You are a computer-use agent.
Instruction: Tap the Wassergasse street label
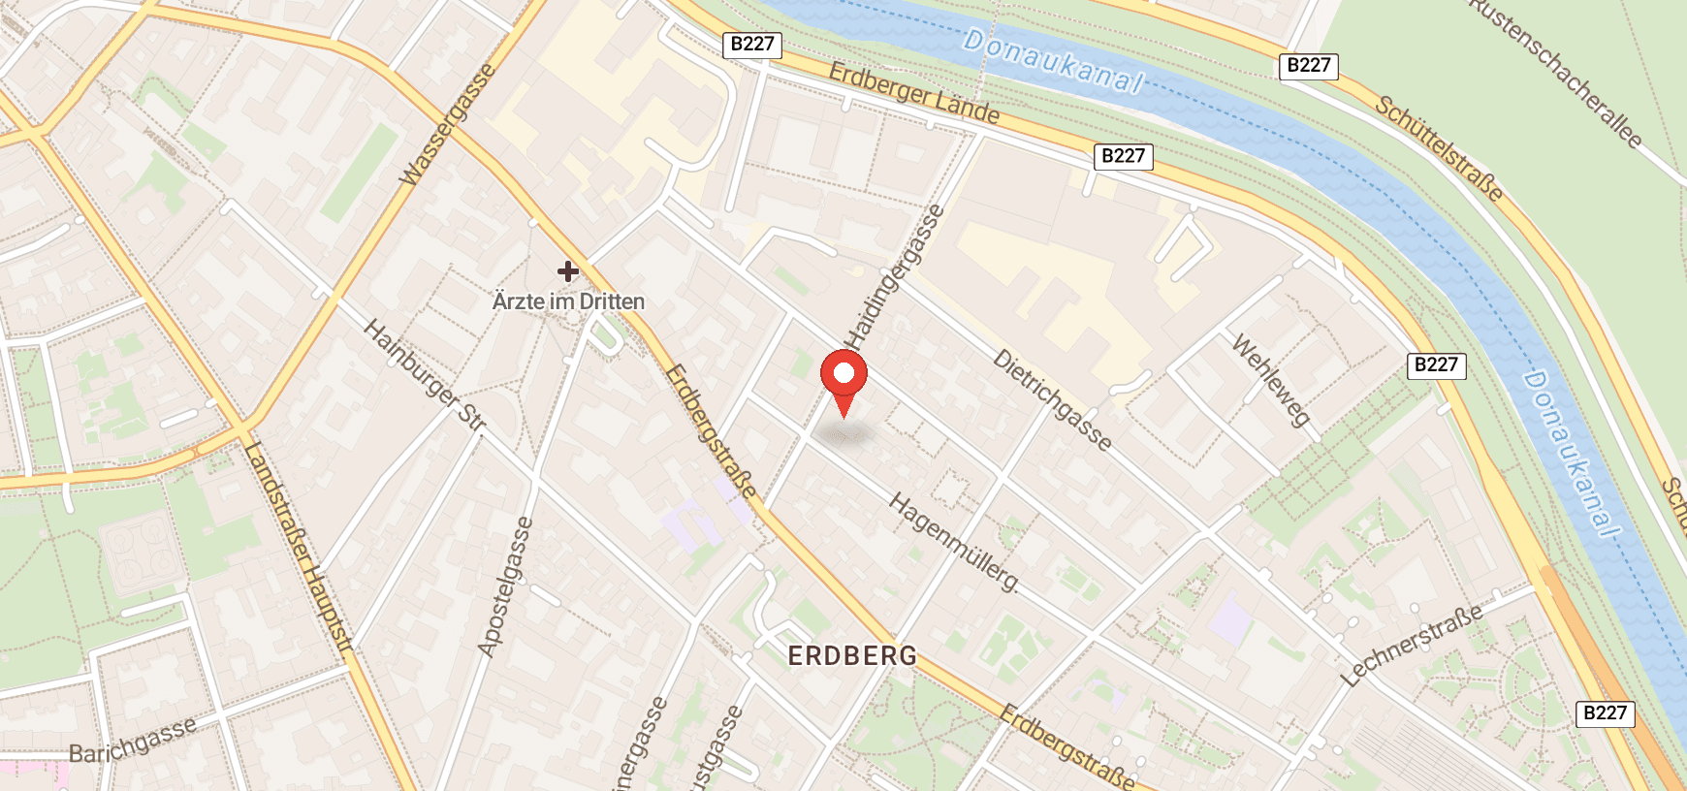coord(447,125)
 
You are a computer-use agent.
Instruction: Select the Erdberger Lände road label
coord(913,93)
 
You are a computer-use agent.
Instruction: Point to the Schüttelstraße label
coord(1440,148)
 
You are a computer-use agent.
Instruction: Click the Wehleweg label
coord(1271,379)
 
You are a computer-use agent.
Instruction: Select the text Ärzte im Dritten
coord(568,301)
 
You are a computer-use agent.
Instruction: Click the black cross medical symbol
coord(568,271)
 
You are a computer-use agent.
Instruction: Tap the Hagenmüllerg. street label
coord(954,542)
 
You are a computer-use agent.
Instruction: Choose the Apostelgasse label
coord(505,586)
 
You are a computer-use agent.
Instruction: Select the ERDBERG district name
coord(852,656)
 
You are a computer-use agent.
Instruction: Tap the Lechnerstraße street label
coord(1413,645)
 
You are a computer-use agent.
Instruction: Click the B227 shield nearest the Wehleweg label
coord(1436,365)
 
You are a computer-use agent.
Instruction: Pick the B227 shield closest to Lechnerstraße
coord(1605,713)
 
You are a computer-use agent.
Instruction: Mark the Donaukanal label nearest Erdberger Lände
coord(1054,61)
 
